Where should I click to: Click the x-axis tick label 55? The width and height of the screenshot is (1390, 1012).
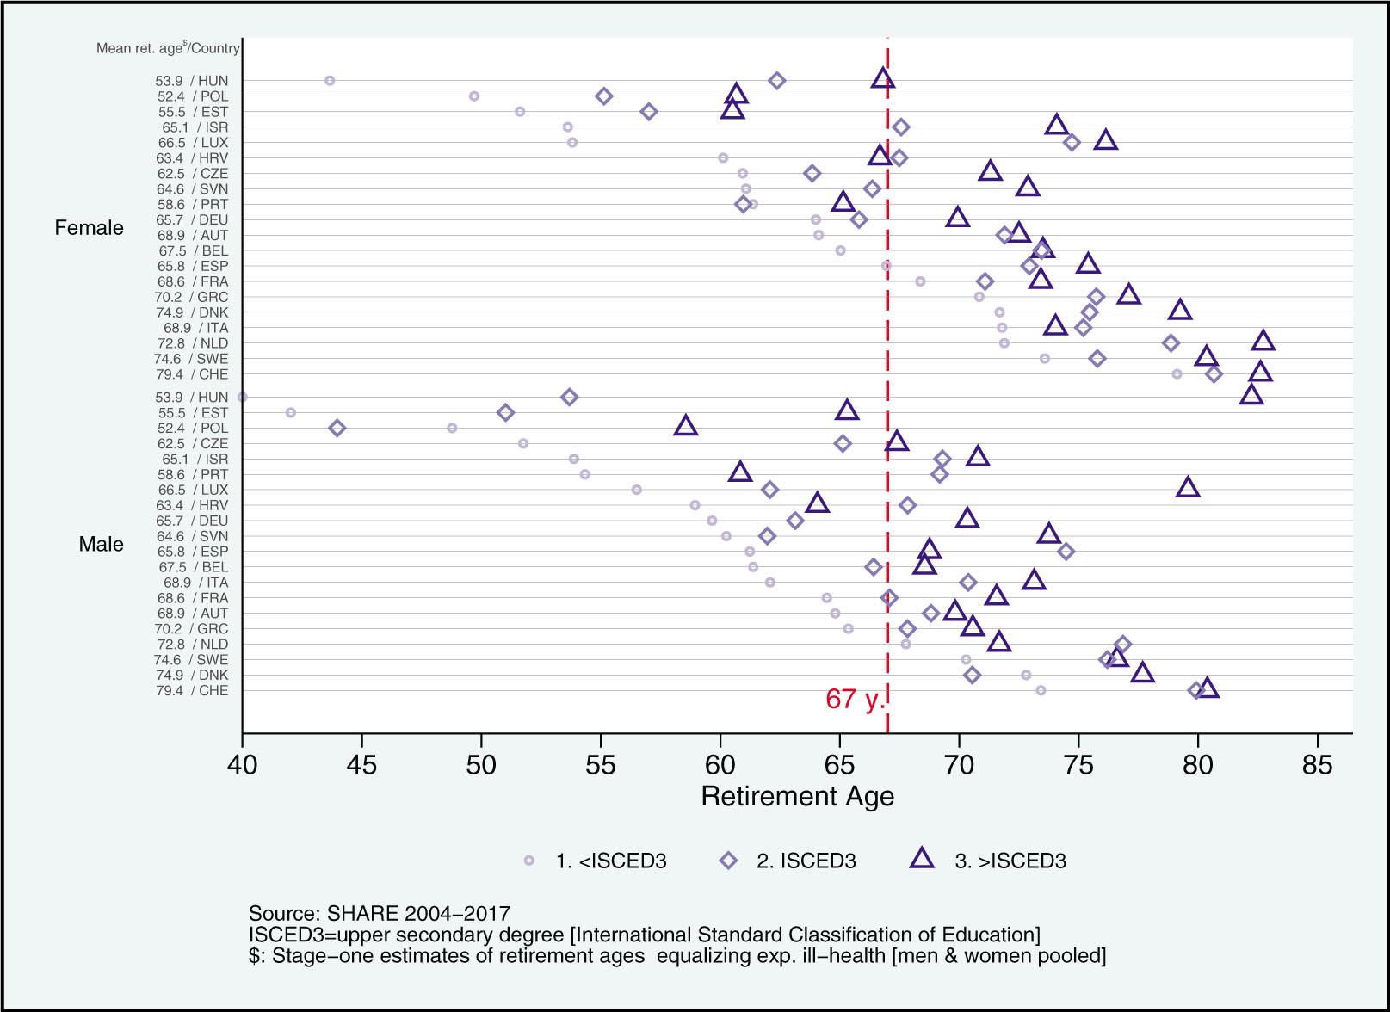[x=600, y=763]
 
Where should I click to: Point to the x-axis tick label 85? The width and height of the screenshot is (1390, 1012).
[x=1317, y=763]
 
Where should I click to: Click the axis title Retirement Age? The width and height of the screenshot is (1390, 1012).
[x=797, y=796]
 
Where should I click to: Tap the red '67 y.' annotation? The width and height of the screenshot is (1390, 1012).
[x=854, y=699]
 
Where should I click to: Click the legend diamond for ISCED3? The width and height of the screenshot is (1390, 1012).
[x=729, y=861]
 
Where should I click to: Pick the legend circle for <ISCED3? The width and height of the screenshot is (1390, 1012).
[x=529, y=861]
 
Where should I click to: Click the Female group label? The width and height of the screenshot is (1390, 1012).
[x=89, y=228]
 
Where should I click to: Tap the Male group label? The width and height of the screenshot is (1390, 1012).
[x=101, y=544]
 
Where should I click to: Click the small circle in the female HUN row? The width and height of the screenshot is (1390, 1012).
[x=329, y=81]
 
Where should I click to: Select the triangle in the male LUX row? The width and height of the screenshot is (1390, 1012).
[x=1188, y=488]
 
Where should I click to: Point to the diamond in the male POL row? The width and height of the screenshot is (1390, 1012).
[x=337, y=428]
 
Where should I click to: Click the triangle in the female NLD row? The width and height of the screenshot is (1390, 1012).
[x=1263, y=341]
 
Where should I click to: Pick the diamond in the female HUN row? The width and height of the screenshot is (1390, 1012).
[x=776, y=81]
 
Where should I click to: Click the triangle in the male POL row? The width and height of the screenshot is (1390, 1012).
[x=686, y=425]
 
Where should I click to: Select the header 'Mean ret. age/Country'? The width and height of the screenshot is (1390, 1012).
[x=167, y=48]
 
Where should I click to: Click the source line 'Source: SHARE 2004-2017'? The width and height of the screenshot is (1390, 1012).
[x=379, y=913]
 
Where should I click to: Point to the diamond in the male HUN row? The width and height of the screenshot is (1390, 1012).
[x=569, y=397]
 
